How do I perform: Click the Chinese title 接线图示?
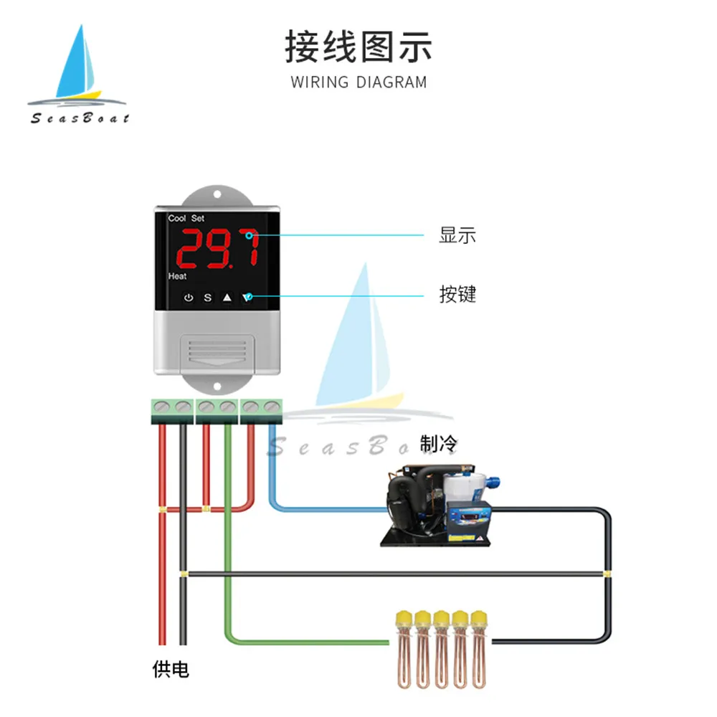click(x=358, y=47)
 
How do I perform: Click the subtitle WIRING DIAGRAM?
click(x=358, y=82)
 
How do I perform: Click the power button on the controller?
click(x=189, y=297)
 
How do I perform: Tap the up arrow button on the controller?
click(x=227, y=297)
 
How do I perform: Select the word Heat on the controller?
click(x=177, y=276)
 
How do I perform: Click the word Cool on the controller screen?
click(x=176, y=218)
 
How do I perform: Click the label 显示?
click(x=457, y=235)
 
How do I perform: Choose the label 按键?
click(x=457, y=294)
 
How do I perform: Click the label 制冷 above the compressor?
click(x=438, y=445)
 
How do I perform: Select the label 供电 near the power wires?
click(x=171, y=670)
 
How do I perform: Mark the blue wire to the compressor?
click(x=323, y=509)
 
